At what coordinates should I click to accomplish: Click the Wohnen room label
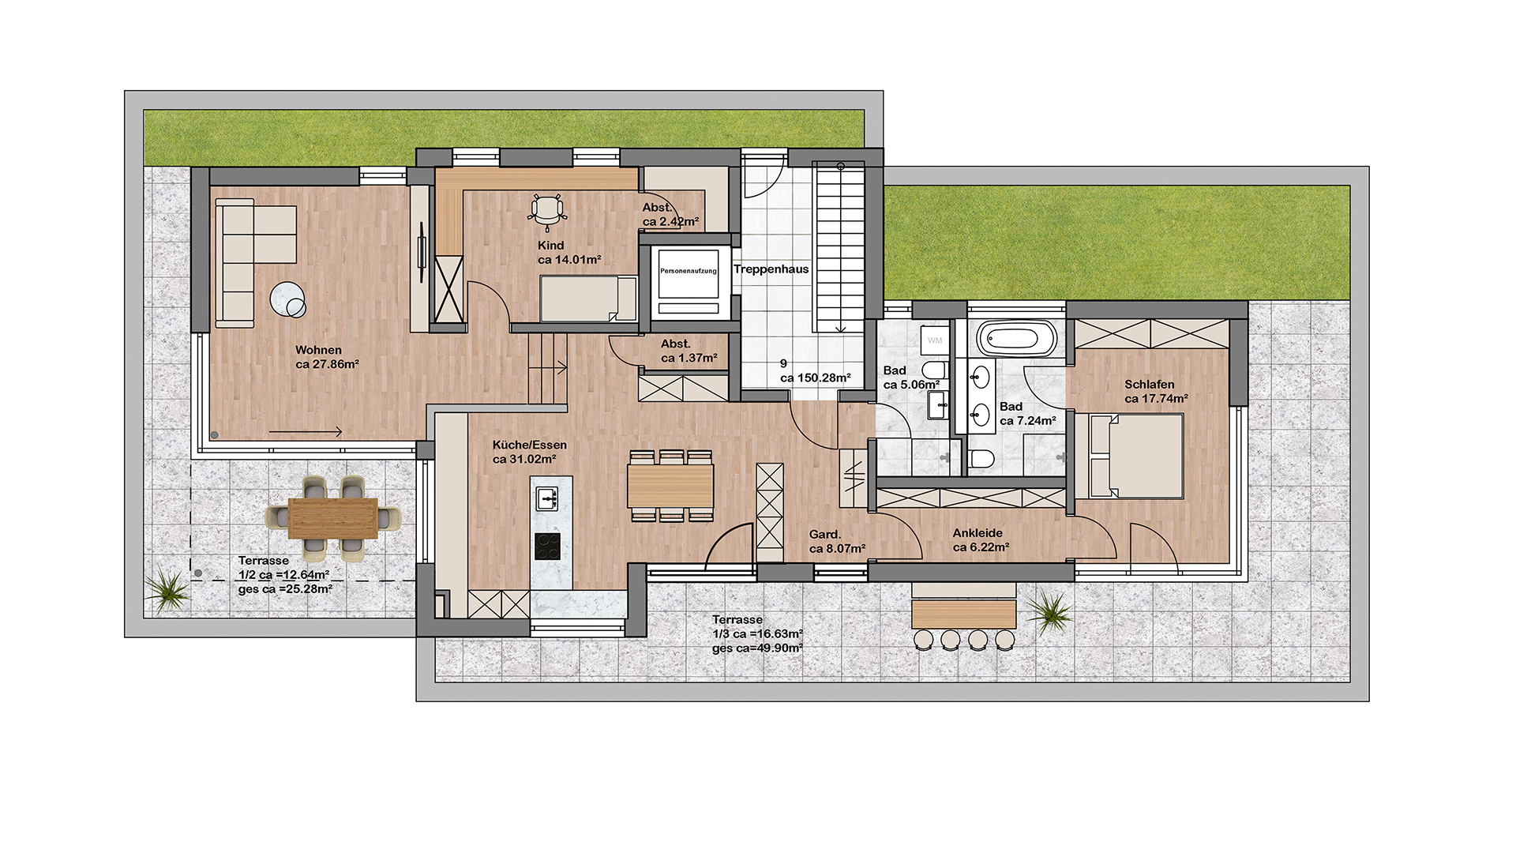point(318,350)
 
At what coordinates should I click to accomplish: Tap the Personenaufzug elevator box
point(689,282)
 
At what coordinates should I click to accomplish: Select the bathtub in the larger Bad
point(1016,338)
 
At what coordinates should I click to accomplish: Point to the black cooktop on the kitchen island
point(548,547)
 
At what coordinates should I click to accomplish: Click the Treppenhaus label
point(771,269)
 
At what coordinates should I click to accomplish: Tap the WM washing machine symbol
point(935,340)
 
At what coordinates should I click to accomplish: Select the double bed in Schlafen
point(1135,456)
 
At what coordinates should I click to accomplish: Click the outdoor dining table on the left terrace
point(333,518)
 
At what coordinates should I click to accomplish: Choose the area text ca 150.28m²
point(816,378)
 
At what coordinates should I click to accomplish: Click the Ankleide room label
point(978,533)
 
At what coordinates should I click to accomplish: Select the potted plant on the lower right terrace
point(1050,612)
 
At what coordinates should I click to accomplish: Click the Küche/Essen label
point(529,445)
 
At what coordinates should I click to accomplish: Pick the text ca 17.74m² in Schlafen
point(1156,399)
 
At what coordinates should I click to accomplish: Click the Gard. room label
point(825,535)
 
